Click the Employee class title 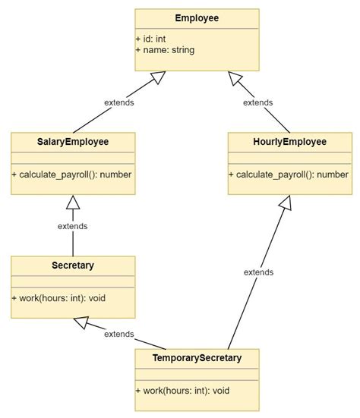(x=197, y=18)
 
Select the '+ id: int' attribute (x=156, y=38)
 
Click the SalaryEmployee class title (x=73, y=142)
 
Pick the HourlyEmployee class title (x=289, y=142)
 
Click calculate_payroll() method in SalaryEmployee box (x=72, y=174)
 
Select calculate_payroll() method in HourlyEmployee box (x=289, y=174)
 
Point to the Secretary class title (x=73, y=266)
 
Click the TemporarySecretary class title (x=197, y=358)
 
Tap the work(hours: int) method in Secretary (x=59, y=298)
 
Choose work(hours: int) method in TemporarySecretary (x=183, y=391)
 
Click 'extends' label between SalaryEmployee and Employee (x=119, y=102)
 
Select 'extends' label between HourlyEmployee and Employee (x=257, y=102)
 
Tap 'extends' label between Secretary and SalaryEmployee (x=73, y=226)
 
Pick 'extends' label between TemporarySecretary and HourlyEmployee (x=259, y=272)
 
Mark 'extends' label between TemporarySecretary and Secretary (x=119, y=334)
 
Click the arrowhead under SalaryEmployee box (x=73, y=203)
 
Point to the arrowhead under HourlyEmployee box (x=286, y=203)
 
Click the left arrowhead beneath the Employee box (x=157, y=77)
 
